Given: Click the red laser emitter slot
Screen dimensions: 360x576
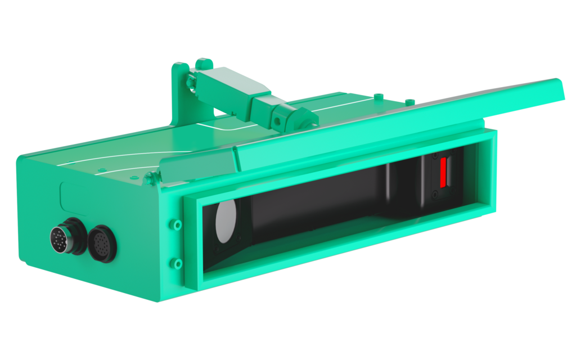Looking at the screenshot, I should click(x=443, y=172).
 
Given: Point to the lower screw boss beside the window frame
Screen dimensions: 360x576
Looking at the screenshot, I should click(x=177, y=263).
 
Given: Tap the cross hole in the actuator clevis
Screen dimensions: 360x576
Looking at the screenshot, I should click(x=277, y=120).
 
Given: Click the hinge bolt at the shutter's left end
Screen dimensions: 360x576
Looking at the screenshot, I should click(x=149, y=179).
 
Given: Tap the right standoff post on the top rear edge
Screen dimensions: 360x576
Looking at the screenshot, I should click(x=409, y=101).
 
